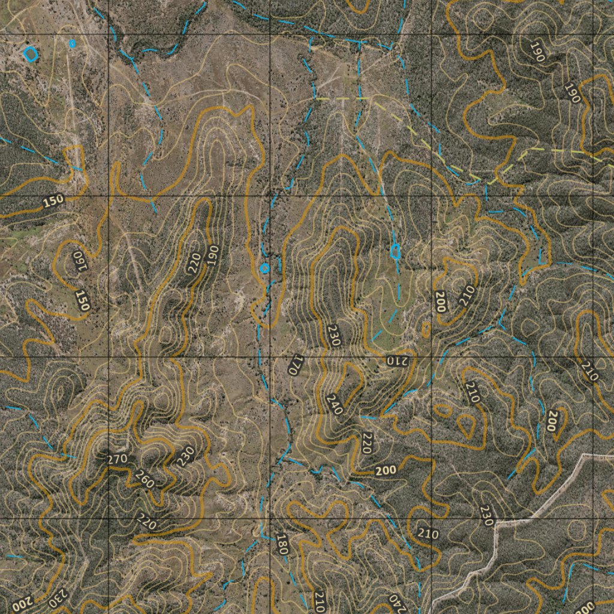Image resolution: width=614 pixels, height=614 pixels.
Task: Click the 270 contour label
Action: tap(117, 460)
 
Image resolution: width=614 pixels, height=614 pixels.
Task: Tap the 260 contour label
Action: tap(145, 479)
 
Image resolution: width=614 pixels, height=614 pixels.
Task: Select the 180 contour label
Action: tap(282, 543)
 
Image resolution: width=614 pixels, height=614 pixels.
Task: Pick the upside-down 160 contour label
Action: tap(79, 260)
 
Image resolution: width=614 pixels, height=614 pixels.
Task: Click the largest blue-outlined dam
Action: tap(31, 54)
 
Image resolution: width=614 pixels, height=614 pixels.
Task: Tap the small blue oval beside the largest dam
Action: tap(73, 43)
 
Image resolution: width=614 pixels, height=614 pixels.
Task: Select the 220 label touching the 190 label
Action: tap(195, 263)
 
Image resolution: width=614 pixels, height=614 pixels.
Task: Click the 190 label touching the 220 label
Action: tap(212, 255)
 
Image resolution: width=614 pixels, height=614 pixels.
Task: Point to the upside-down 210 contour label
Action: tap(396, 360)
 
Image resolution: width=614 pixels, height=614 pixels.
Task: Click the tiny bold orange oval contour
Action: tap(426, 329)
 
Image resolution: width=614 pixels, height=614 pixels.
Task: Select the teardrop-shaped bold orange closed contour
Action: tap(466, 425)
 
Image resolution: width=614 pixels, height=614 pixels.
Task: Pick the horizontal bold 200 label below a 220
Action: tap(386, 471)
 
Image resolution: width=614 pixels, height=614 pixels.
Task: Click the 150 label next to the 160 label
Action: tap(82, 300)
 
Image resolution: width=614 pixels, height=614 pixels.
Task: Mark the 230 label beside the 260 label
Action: tap(186, 456)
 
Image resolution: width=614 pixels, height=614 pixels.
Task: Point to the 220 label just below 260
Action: tap(146, 521)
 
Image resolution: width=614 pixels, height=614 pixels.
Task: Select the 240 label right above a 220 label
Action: tap(335, 405)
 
